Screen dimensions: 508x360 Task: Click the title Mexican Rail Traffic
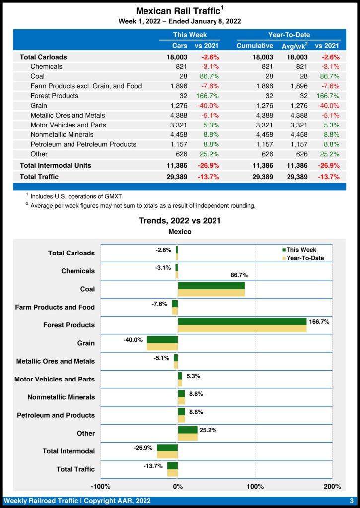pos(178,11)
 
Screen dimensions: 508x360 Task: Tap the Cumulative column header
pos(254,46)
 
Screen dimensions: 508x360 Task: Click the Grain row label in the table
pos(39,105)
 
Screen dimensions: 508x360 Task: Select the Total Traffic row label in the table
pos(39,177)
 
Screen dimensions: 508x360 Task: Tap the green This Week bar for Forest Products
pos(242,321)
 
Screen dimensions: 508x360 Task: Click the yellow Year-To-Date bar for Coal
pos(211,293)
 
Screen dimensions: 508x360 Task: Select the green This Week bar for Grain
pos(162,339)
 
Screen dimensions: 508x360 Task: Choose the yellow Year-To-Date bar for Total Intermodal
pos(167,454)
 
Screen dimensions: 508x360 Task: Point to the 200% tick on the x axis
pos(332,486)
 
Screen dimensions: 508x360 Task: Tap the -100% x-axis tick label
pos(101,486)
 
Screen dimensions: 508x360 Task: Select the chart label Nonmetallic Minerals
pos(61,397)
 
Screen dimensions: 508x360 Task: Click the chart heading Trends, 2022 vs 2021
pos(180,221)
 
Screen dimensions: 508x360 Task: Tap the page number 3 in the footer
pos(352,501)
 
